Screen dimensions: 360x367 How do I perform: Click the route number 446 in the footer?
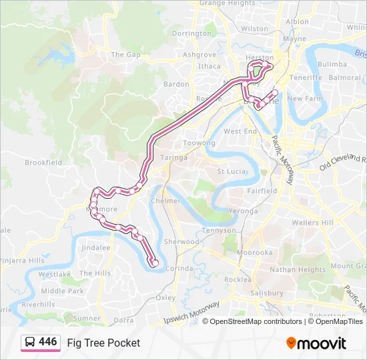pos(47,342)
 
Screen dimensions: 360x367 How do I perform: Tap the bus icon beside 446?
pos(31,343)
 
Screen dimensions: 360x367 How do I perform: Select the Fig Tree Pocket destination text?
pos(103,343)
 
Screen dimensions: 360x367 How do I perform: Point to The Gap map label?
pos(125,55)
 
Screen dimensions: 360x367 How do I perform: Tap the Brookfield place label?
pos(43,162)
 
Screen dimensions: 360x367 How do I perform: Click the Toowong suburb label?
pos(199,143)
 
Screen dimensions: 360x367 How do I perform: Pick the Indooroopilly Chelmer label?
pos(165,201)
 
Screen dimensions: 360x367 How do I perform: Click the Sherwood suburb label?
pos(181,241)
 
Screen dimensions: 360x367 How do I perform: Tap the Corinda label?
pos(179,268)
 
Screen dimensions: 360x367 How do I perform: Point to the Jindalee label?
pos(95,247)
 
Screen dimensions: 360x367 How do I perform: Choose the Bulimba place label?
pos(332,64)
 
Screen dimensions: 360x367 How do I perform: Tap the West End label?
pos(240,131)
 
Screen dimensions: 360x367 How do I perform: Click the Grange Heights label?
pos(227,3)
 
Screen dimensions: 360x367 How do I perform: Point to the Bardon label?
pos(176,84)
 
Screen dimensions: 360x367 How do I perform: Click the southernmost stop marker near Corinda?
pos(155,264)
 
